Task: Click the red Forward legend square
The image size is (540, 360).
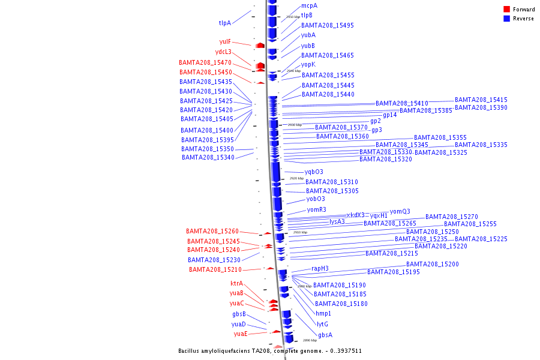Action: click(x=506, y=10)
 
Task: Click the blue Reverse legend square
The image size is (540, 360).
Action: click(x=506, y=19)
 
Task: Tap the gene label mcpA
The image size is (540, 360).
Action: click(x=309, y=5)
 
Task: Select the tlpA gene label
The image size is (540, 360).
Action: click(x=224, y=23)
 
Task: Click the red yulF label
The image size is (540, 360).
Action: click(x=225, y=42)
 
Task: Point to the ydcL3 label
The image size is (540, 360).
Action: click(x=223, y=52)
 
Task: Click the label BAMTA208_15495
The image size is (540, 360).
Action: click(x=327, y=26)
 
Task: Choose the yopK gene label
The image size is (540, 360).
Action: click(x=308, y=65)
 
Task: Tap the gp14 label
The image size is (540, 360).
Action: click(x=389, y=115)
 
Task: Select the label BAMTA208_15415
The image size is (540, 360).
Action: click(x=481, y=100)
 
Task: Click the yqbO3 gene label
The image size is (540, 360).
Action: click(x=313, y=172)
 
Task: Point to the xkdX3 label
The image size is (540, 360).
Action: click(x=355, y=215)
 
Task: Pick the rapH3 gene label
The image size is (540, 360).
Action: click(x=320, y=269)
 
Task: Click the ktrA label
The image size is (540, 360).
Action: click(x=237, y=284)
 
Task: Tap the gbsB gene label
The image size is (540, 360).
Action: click(x=239, y=314)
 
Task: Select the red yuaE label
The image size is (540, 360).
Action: click(x=241, y=334)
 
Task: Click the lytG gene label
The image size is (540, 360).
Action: click(x=322, y=325)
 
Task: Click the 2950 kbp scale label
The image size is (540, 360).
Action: click(x=293, y=17)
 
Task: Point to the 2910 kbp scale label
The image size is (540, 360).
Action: click(x=300, y=232)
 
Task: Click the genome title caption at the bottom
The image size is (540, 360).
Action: click(x=269, y=351)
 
